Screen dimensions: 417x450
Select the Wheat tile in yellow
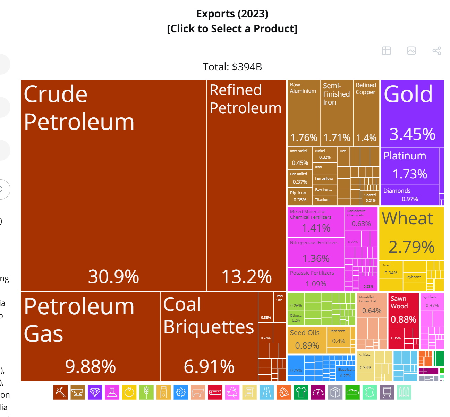point(411,233)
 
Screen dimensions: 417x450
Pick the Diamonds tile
point(409,195)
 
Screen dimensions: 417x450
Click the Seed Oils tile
point(307,340)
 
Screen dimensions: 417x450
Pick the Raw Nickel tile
point(300,158)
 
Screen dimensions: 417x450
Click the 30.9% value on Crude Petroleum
point(113,277)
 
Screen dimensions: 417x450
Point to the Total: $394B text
point(232,67)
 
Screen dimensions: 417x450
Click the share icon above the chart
point(436,51)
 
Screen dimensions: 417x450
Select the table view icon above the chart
point(386,51)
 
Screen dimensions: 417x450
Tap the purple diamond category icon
point(95,392)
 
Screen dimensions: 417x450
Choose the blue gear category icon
point(180,392)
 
